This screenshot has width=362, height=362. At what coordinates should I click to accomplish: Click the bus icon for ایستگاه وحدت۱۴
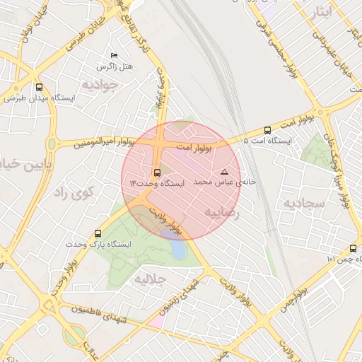[157, 172]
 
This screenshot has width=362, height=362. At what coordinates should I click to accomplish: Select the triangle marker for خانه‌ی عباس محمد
[225, 172]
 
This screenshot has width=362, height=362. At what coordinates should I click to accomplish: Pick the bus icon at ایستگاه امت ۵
[267, 130]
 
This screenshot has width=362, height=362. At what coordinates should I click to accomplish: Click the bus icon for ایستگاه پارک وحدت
[98, 233]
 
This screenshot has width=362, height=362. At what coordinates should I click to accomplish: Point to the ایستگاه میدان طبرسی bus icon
[38, 88]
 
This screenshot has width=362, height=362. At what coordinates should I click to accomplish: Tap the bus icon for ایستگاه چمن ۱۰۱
[353, 248]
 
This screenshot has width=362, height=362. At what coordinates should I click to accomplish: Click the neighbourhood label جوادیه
[98, 85]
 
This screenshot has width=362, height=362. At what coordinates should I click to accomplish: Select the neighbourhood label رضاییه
[222, 211]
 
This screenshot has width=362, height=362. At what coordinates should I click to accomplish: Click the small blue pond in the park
[179, 249]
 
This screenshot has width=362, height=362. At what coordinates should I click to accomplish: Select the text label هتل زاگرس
[115, 66]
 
